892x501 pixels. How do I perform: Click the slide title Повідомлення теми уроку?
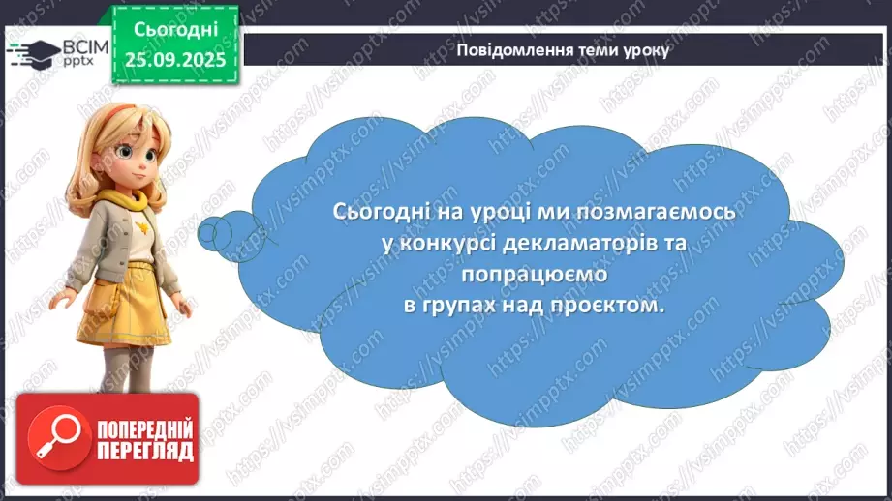pos(562,50)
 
